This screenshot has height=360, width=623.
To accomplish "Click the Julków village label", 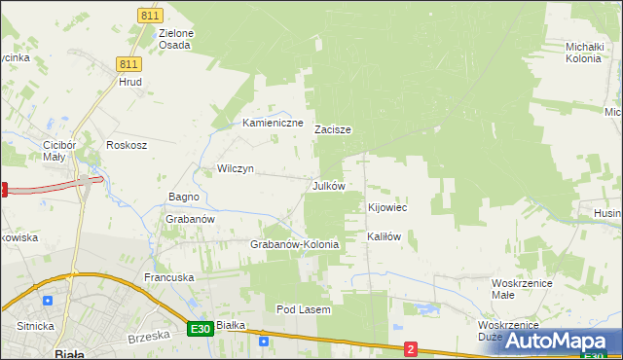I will click(x=328, y=185).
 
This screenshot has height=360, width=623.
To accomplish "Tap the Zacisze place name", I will click(x=332, y=129).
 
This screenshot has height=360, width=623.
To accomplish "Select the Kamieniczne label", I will click(x=273, y=124).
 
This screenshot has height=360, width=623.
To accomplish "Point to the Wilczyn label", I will click(x=236, y=168).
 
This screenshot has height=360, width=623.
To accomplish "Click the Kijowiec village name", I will click(x=386, y=208).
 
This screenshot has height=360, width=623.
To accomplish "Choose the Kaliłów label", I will click(x=384, y=236).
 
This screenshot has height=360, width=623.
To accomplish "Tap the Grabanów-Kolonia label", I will click(x=294, y=244).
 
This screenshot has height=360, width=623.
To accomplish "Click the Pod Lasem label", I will click(x=304, y=309).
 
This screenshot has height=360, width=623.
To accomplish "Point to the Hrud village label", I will click(x=130, y=83).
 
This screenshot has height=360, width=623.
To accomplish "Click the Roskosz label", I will click(x=127, y=145).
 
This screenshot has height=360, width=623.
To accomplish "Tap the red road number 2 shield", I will click(x=411, y=348).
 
